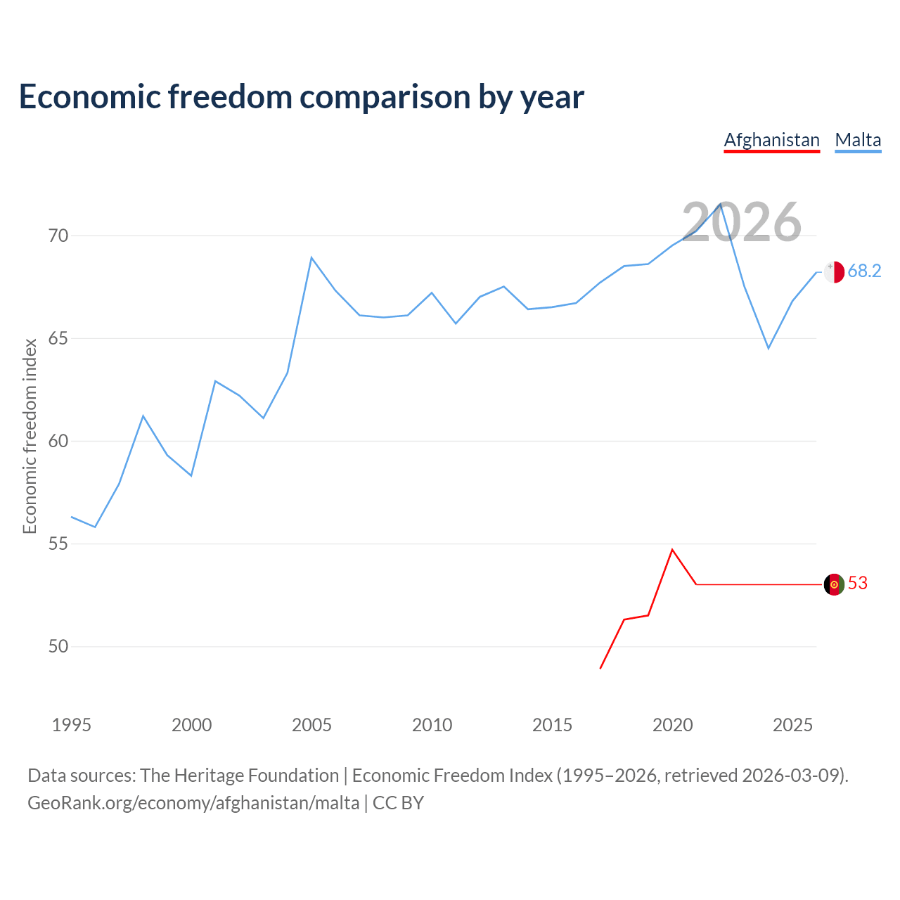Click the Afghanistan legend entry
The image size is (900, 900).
tap(771, 140)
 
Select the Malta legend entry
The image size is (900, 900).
tap(858, 140)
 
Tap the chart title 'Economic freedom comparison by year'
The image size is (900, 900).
tap(301, 97)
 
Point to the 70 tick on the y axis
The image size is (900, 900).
tap(58, 236)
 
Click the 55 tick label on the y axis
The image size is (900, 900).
tap(58, 544)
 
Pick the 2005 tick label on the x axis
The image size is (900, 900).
tap(311, 725)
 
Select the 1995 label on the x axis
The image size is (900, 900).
tap(72, 725)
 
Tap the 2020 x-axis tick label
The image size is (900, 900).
tap(673, 725)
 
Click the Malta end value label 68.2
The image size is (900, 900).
tap(864, 271)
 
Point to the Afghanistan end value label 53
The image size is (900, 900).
tap(858, 584)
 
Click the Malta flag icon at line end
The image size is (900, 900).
tap(834, 271)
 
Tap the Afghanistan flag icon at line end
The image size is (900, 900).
tap(834, 584)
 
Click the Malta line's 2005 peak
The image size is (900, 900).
tap(311, 257)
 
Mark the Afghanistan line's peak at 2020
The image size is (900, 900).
tap(672, 549)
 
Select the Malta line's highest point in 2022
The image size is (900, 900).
tap(720, 203)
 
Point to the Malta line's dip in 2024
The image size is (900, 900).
tap(769, 348)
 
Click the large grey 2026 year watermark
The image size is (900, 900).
tap(741, 222)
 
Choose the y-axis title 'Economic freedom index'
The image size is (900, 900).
tap(30, 436)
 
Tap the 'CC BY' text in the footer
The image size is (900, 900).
tap(398, 803)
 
